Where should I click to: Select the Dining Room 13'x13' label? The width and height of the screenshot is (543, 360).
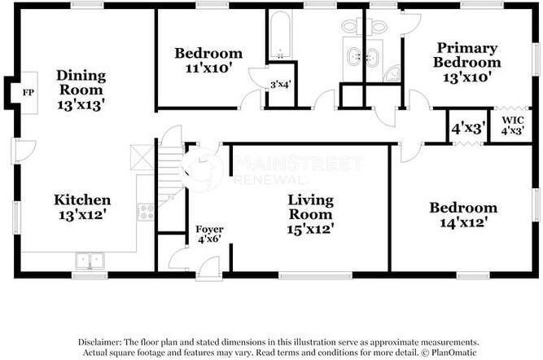pos(81,90)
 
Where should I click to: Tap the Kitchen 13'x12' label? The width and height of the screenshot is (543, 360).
pos(81,207)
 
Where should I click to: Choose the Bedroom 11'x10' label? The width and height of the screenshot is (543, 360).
pos(208,61)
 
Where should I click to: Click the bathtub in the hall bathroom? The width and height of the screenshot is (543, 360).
pos(279,37)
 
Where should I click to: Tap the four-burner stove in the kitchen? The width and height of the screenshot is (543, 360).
pos(147,213)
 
